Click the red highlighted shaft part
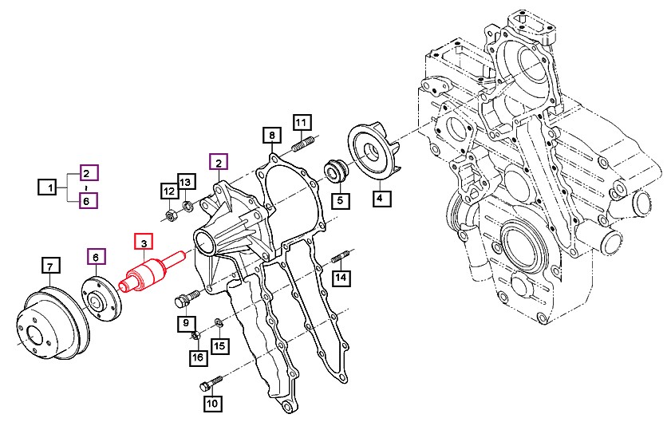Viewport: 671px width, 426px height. (152, 273)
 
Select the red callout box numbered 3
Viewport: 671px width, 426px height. (144, 243)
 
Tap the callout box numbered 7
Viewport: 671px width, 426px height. (50, 266)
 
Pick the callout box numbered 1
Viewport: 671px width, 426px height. (50, 187)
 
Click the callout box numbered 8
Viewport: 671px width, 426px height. (272, 135)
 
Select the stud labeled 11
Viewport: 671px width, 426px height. (304, 143)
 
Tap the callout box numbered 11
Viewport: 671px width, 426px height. (302, 122)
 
